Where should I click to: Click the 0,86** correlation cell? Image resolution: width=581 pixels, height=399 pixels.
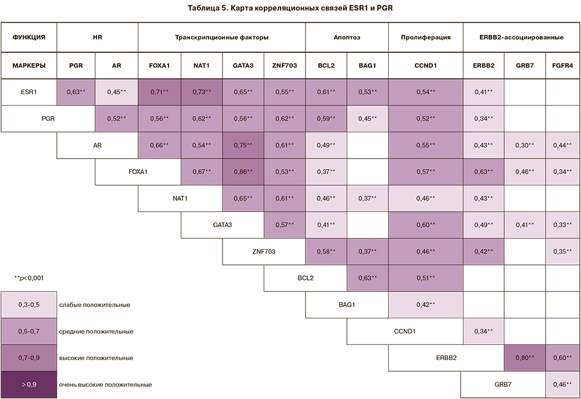[x=243, y=172]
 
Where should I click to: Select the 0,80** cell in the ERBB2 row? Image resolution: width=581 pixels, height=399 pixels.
[x=525, y=357]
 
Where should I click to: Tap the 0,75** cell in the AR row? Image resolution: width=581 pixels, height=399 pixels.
[x=243, y=145]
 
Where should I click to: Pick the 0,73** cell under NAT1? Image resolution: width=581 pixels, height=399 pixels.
[x=202, y=91]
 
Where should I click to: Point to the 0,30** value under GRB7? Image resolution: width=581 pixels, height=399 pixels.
[x=525, y=145]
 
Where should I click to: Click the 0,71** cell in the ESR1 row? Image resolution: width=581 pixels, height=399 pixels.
[x=159, y=91]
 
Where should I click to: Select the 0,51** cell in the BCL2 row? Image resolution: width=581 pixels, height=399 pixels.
[x=425, y=278]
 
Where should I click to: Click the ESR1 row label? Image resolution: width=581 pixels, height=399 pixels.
[x=28, y=91]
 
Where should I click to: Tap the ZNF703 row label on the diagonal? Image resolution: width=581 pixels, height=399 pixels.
[x=263, y=251]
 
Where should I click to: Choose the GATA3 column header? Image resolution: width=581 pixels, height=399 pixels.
[x=243, y=66]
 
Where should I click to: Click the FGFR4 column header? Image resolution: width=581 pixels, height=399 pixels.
[x=563, y=66]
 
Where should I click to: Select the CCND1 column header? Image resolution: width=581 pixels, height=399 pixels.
[x=425, y=66]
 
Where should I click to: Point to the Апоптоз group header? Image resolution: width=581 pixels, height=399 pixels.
[x=347, y=38]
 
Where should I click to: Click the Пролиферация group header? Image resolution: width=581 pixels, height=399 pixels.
[x=425, y=38]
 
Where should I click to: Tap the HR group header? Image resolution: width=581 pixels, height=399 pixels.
[x=97, y=38]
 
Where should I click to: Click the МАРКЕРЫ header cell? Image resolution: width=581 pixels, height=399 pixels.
[x=28, y=66]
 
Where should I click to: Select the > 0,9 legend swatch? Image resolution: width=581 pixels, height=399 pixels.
[x=28, y=384]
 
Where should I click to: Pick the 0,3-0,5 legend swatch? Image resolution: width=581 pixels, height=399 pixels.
[x=28, y=304]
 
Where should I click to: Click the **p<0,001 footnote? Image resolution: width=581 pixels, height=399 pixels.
[x=28, y=278]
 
